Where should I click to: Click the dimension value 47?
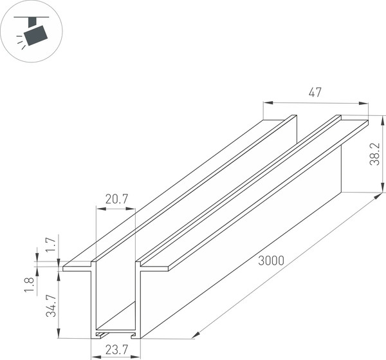(315, 93)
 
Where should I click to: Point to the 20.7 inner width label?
(116, 200)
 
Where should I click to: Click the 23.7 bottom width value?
(115, 352)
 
